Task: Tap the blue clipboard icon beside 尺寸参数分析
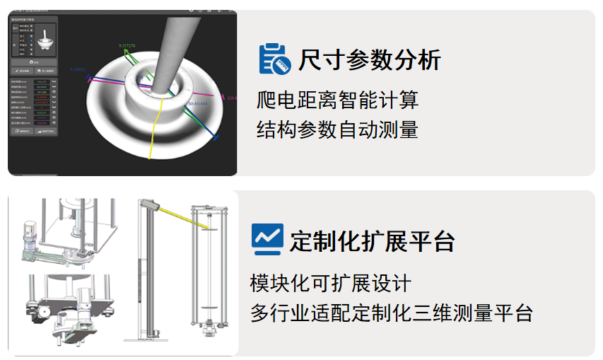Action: [x=274, y=59]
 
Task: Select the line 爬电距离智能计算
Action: [x=337, y=100]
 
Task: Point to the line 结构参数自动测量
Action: [x=337, y=129]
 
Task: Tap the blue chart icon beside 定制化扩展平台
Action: [x=267, y=240]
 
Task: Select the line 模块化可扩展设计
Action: [x=330, y=283]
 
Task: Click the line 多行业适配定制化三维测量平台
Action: [x=391, y=313]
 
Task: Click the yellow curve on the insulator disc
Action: [x=156, y=131]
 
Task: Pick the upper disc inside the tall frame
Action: [x=210, y=228]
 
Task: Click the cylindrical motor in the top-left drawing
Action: [x=29, y=234]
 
